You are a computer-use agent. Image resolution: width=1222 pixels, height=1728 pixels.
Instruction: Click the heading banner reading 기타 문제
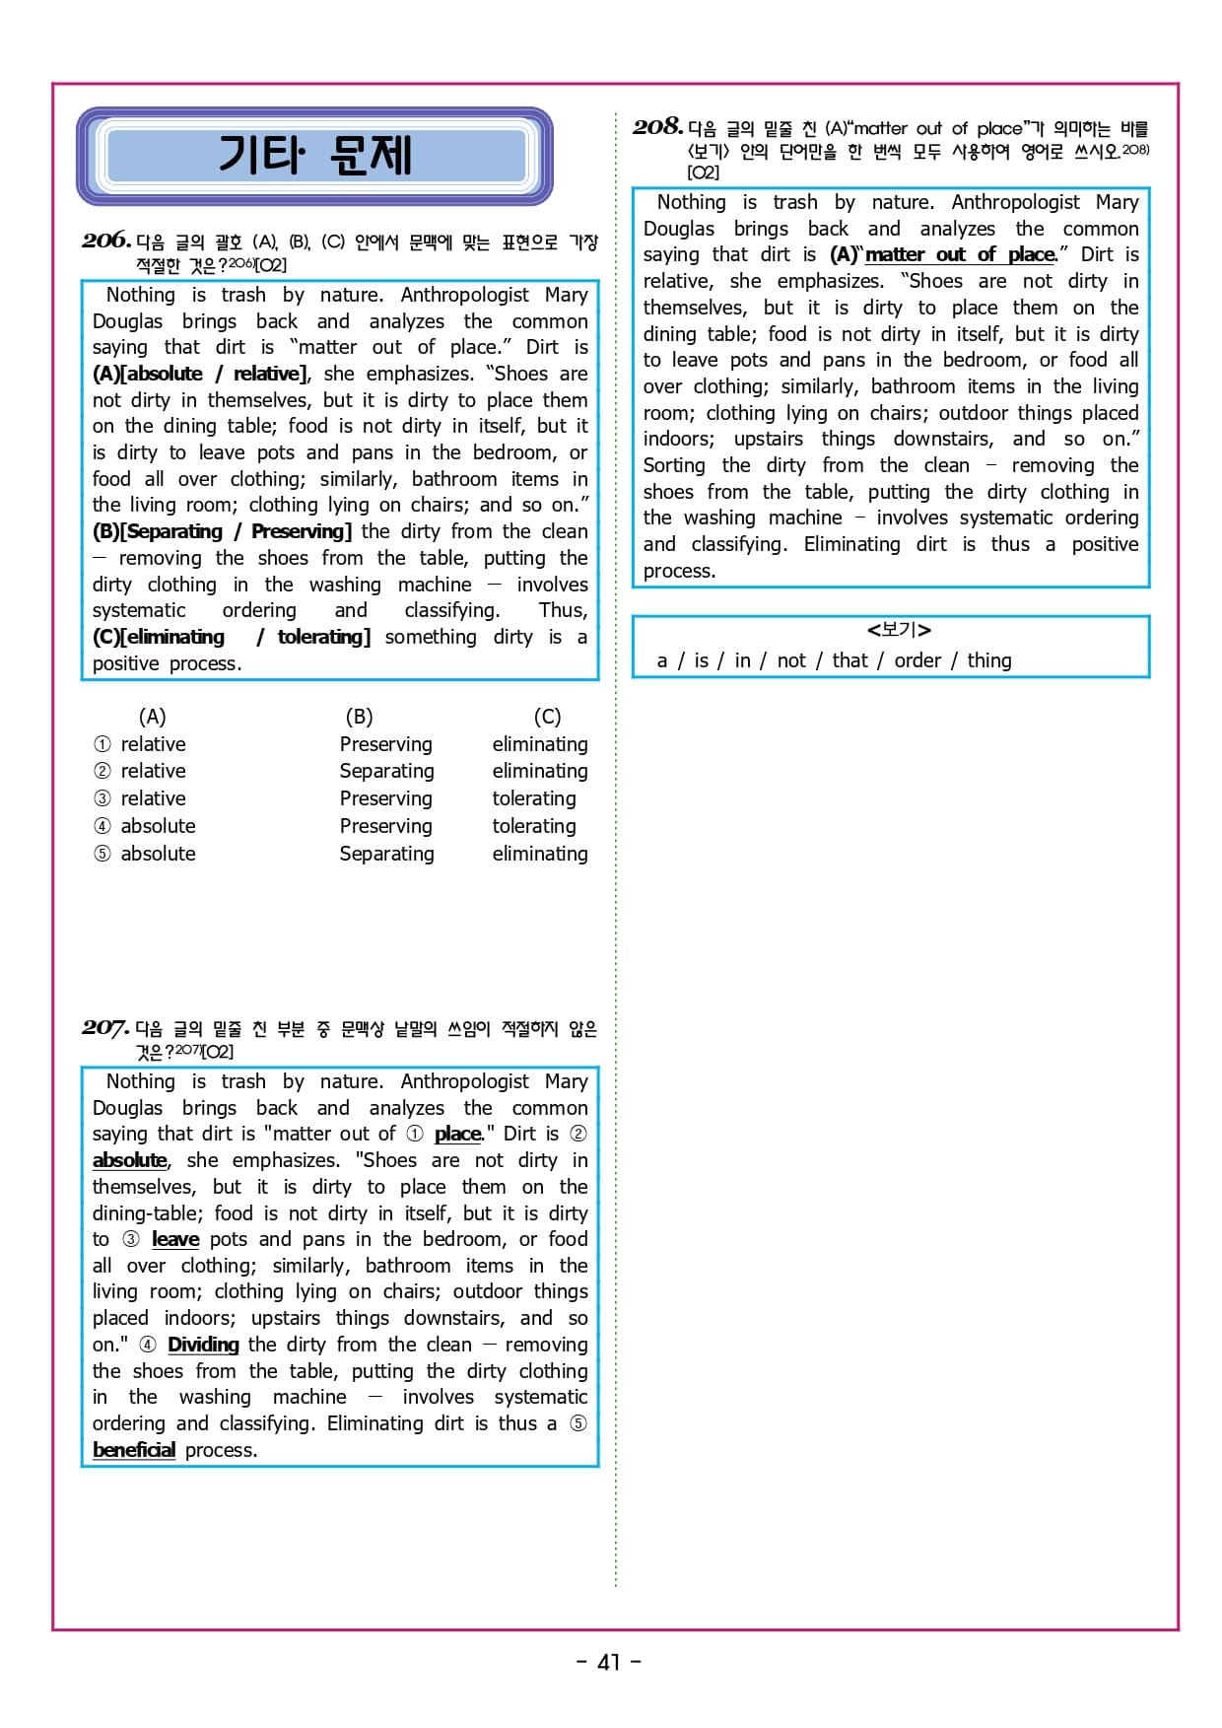315,156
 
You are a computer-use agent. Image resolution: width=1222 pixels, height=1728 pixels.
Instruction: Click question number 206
106,240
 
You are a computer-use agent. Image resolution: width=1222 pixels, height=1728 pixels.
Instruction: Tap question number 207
105,1027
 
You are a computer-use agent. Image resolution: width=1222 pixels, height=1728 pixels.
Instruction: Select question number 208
657,126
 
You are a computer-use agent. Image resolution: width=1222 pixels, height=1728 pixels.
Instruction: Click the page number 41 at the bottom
609,1662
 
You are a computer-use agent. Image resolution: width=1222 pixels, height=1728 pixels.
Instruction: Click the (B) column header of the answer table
359,717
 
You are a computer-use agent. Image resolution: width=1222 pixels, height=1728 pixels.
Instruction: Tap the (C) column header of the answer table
547,717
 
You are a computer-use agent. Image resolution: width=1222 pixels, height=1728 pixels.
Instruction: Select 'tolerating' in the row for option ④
534,826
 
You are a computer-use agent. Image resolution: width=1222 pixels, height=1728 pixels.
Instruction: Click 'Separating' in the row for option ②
386,771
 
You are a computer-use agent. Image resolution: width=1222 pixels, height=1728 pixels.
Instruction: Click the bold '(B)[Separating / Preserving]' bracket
222,531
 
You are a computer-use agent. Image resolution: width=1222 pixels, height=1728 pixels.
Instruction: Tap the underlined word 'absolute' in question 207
129,1160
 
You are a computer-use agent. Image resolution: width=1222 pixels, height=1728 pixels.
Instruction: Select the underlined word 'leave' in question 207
175,1239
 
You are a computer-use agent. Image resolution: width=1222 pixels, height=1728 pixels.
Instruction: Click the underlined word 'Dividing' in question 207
203,1345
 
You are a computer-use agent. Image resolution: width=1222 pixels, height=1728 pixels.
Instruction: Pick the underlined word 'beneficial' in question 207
134,1450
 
